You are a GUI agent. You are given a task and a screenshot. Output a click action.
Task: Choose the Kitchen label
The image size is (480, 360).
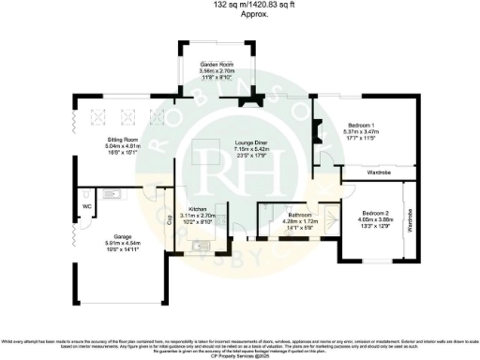pyautogui.click(x=197, y=208)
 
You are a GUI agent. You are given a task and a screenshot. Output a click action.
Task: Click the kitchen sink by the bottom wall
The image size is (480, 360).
pyautogui.click(x=199, y=245)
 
